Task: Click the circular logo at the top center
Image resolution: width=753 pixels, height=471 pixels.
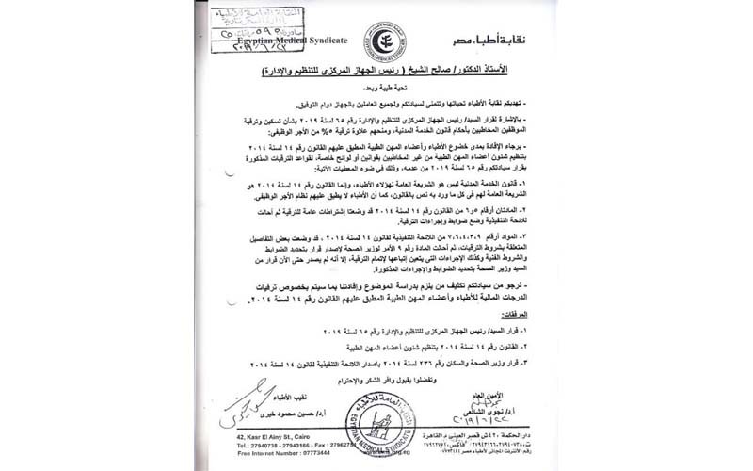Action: [385, 42]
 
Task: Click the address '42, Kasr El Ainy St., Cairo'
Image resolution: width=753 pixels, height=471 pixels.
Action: [266, 438]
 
